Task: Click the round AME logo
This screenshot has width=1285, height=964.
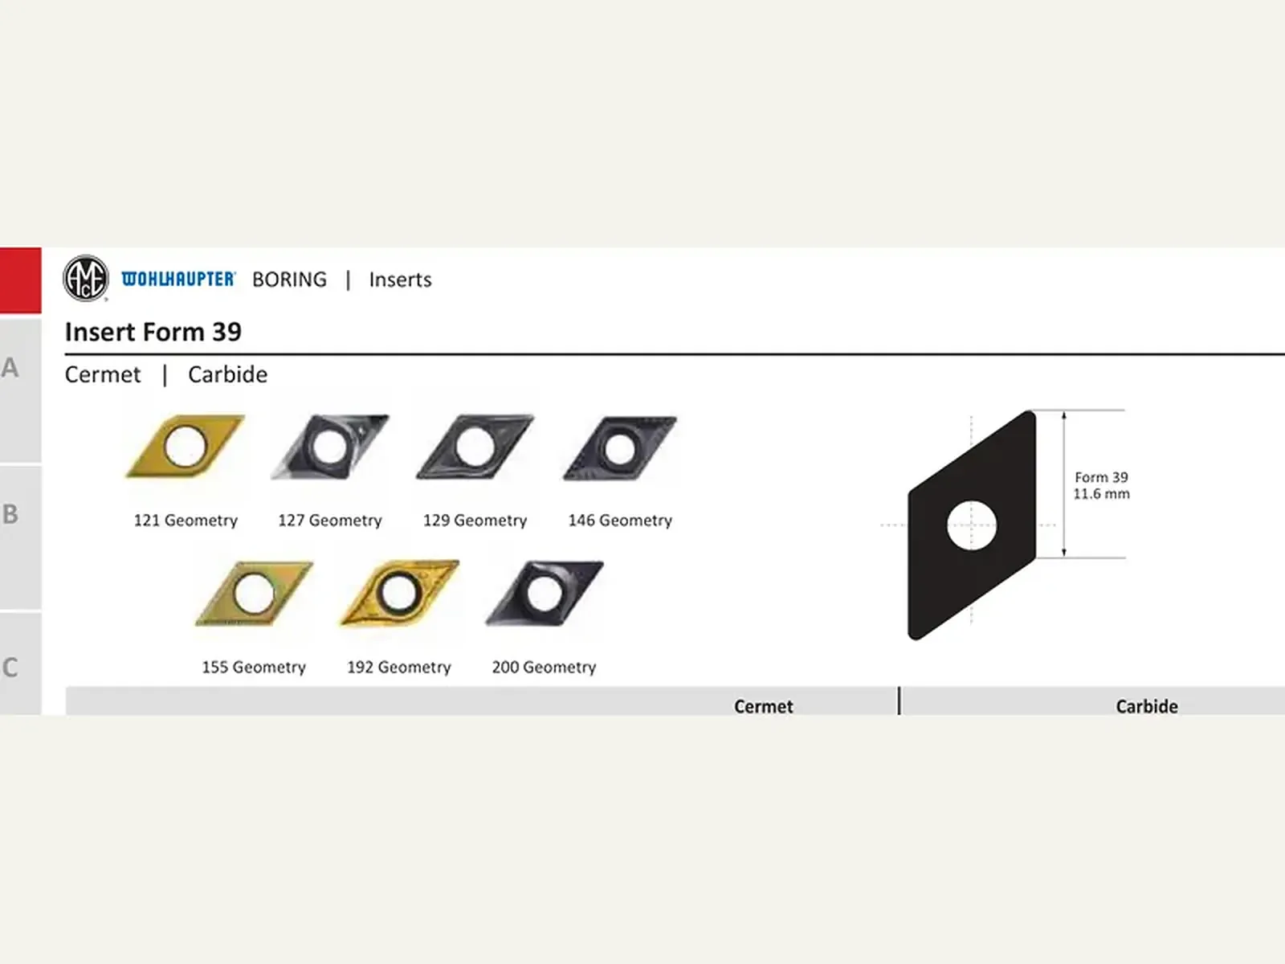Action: [85, 279]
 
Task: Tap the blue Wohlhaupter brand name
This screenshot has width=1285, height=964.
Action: [178, 280]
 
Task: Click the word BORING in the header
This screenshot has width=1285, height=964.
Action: [289, 280]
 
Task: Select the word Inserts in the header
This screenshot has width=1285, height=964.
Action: [401, 280]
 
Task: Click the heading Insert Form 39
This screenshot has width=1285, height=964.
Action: [153, 332]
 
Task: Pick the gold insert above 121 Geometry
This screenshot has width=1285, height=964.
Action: [185, 446]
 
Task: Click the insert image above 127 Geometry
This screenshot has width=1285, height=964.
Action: [329, 447]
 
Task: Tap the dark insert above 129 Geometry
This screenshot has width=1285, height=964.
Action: [475, 447]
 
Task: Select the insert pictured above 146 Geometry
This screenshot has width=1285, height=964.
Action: [620, 448]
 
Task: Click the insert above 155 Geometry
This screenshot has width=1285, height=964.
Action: [254, 594]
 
